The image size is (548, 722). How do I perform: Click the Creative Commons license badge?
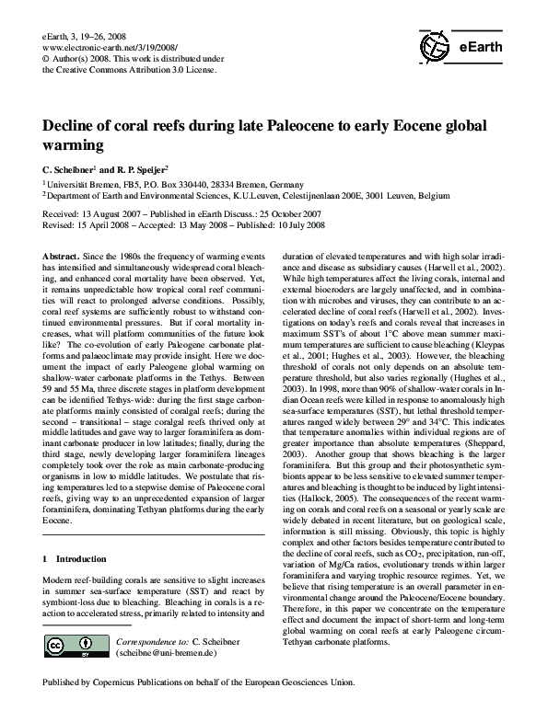coord(69,644)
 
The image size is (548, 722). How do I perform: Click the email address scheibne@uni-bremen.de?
coord(167,652)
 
